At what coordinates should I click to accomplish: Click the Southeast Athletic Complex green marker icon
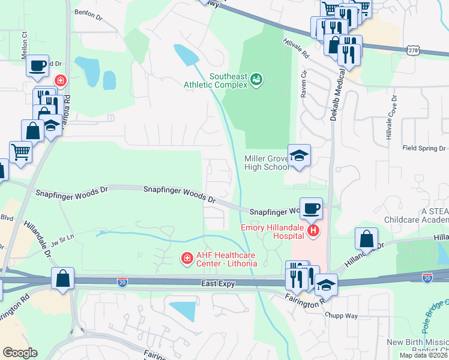click(x=257, y=79)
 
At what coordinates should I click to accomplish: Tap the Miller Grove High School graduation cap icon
click(x=299, y=156)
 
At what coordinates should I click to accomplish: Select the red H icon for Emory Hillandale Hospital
click(x=312, y=231)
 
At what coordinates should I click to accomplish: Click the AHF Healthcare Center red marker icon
click(x=187, y=258)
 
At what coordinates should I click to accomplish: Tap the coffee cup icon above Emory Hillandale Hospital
click(x=311, y=209)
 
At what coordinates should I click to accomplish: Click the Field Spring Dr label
click(x=424, y=148)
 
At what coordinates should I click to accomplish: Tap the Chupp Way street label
click(x=341, y=314)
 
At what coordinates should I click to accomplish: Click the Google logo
click(x=20, y=352)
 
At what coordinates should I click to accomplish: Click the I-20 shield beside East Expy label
click(x=122, y=281)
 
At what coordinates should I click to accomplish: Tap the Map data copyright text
click(x=423, y=355)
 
